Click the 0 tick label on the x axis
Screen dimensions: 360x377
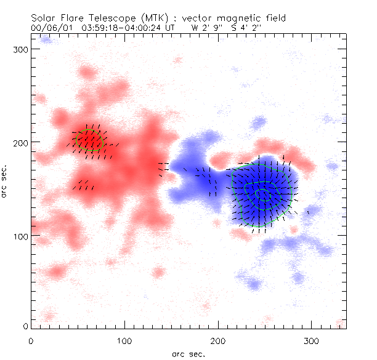pyautogui.click(x=30, y=340)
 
